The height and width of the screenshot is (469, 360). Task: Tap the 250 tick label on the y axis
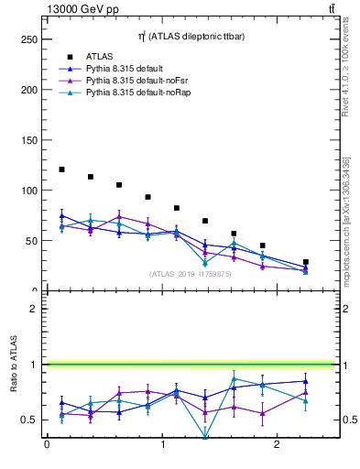(x=28, y=40)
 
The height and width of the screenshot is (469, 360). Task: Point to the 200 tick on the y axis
(x=28, y=91)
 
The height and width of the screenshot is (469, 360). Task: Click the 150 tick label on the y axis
(x=28, y=140)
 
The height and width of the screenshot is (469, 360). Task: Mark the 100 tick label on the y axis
(x=28, y=191)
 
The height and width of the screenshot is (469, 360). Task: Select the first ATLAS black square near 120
(x=61, y=169)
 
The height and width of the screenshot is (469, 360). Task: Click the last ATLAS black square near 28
(x=305, y=262)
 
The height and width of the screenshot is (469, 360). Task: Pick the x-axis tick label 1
(x=163, y=446)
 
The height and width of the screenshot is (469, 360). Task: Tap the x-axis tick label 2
(x=278, y=446)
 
